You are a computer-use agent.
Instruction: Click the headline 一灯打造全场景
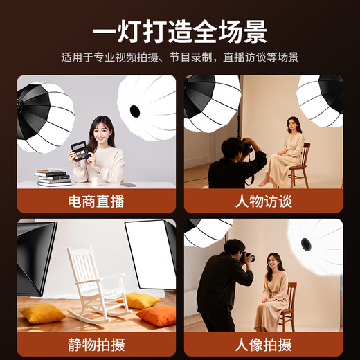[180, 32]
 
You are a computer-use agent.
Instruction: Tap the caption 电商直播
[96, 202]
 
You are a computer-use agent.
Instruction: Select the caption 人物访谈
[263, 202]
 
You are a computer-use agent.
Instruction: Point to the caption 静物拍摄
[96, 344]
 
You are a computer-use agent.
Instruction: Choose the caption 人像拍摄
[263, 344]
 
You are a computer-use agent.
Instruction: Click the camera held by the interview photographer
[246, 147]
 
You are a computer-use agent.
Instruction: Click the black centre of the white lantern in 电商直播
[135, 111]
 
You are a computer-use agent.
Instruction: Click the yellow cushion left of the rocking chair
[42, 314]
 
